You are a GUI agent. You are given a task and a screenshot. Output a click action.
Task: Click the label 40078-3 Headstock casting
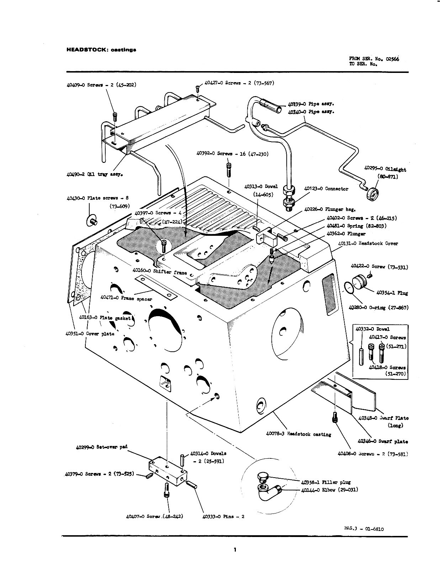[x=298, y=434]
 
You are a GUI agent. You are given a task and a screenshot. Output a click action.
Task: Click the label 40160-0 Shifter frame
[x=160, y=271]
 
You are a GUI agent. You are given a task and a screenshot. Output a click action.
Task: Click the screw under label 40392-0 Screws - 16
[x=228, y=168]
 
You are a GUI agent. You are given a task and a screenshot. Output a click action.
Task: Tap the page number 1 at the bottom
[x=235, y=550]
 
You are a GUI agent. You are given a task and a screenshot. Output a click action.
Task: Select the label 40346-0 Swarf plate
[x=382, y=441]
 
